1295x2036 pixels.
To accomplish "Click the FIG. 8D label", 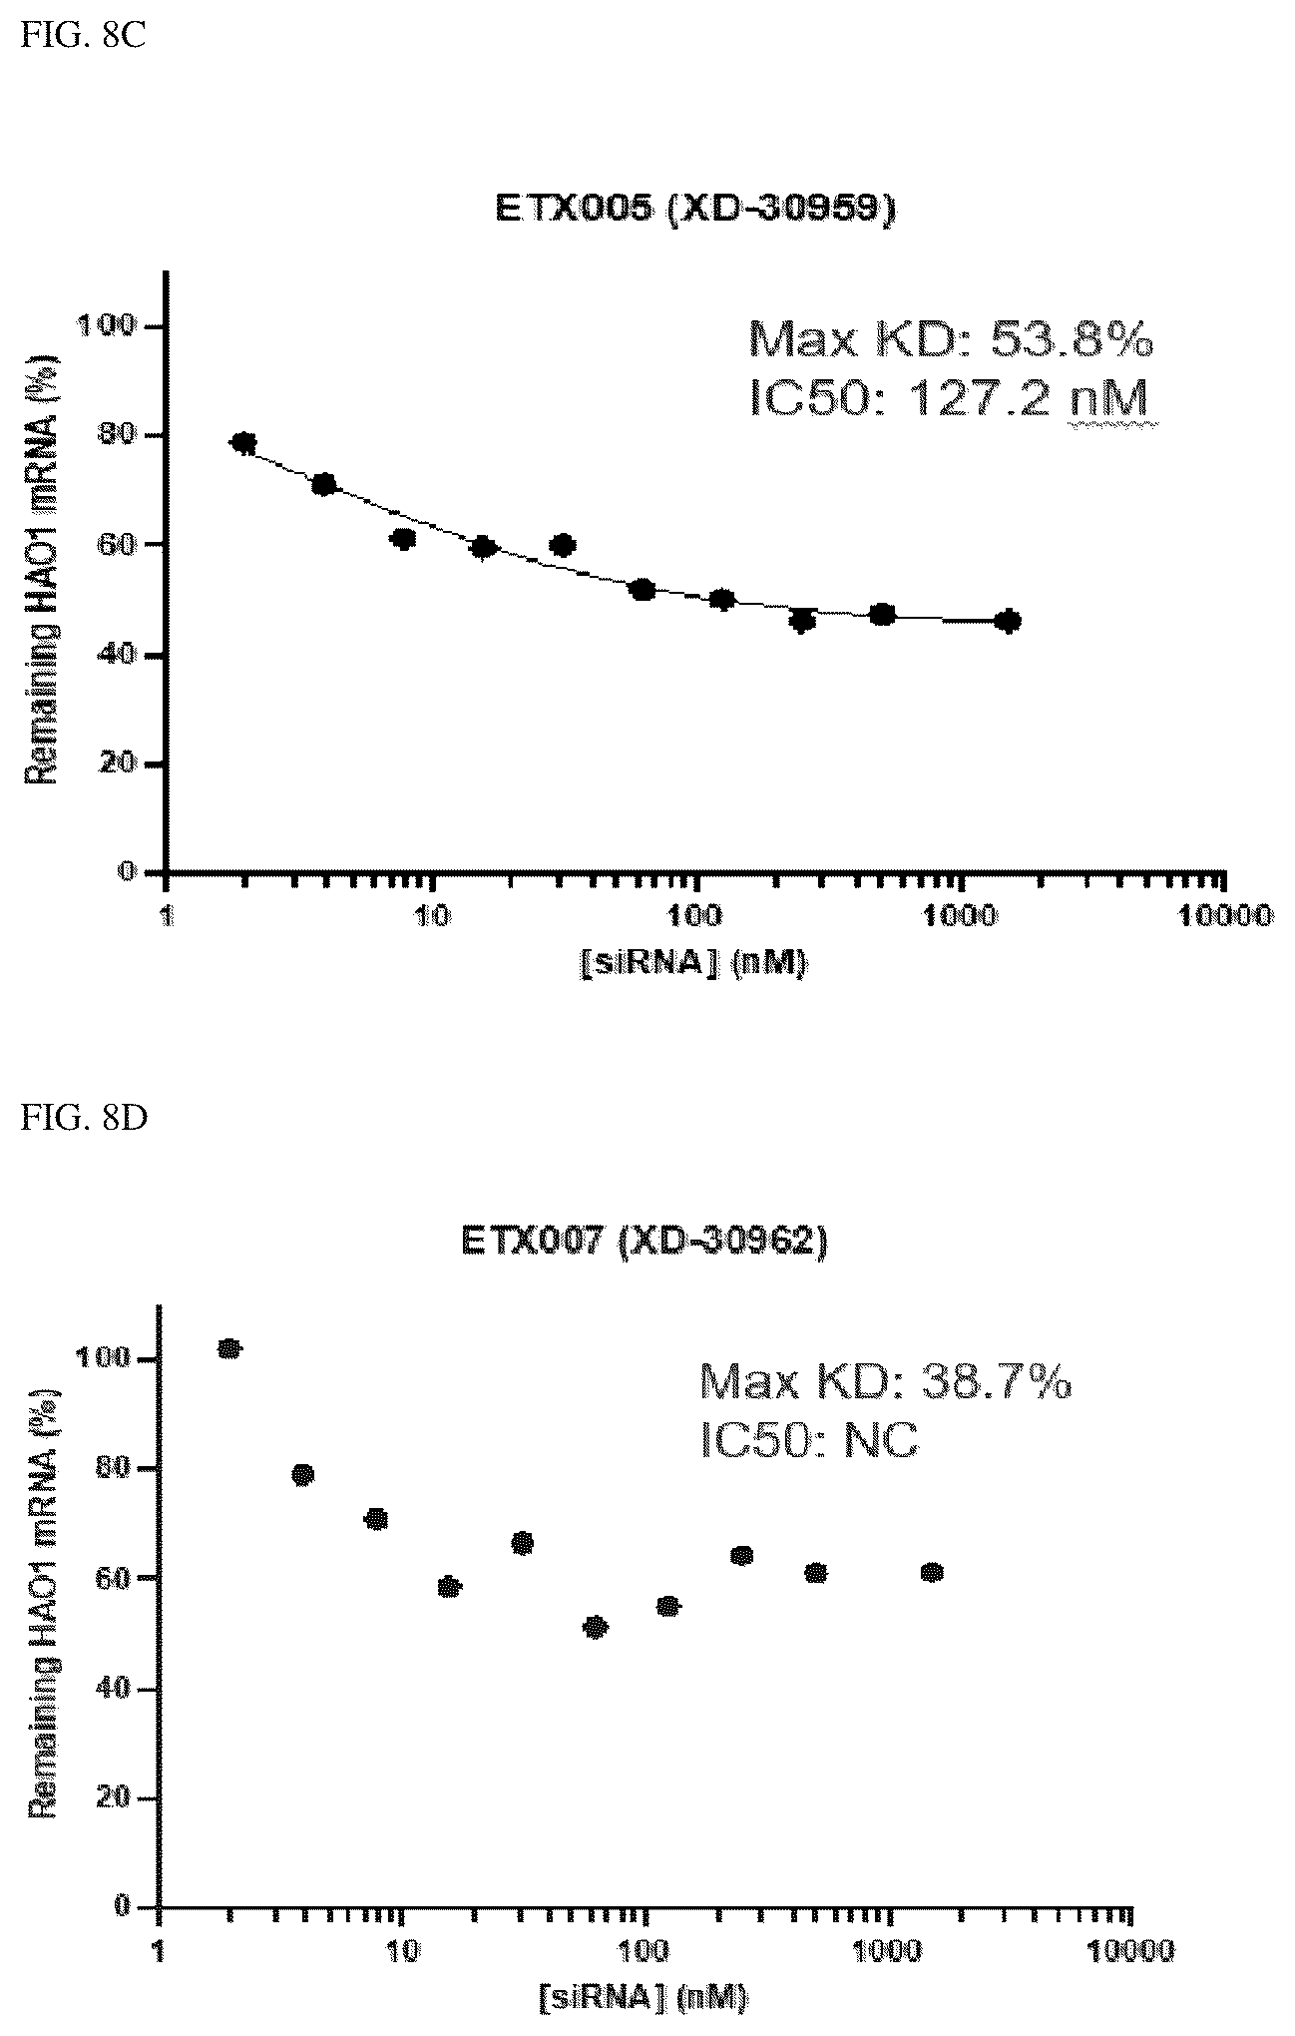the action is tap(83, 1118).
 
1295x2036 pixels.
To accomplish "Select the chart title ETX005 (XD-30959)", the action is tap(694, 211).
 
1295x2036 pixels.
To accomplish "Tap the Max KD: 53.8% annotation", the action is tap(951, 340).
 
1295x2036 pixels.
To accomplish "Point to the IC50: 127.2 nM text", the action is tap(948, 400).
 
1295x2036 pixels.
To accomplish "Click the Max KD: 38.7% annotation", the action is tap(886, 1382).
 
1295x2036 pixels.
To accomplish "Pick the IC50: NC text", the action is tap(809, 1441).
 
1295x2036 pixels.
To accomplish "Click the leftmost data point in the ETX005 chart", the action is tap(243, 442).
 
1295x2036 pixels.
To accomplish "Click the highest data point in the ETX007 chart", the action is tap(230, 1349).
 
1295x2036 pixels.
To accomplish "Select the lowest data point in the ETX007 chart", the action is tap(595, 1628).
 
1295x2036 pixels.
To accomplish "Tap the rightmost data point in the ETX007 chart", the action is tap(932, 1573).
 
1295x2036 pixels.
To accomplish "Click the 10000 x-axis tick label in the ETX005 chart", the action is tap(1225, 915).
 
